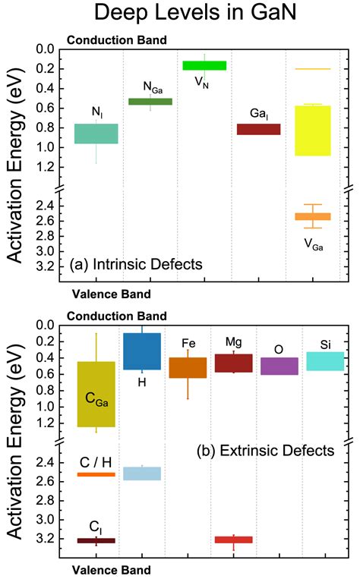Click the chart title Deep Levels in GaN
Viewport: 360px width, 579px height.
195,12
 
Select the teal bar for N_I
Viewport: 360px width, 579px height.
96,134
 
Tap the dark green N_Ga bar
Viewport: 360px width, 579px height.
150,102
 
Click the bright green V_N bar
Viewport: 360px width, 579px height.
204,65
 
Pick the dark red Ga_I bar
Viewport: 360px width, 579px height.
259,129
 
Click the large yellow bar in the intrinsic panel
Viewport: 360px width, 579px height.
313,131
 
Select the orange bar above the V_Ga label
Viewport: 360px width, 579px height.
313,216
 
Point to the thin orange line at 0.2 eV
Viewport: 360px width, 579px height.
313,69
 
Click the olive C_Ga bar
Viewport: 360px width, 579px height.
96,394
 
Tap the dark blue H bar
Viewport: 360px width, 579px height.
142,351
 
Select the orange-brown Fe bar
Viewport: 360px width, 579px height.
188,367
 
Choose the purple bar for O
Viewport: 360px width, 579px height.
279,366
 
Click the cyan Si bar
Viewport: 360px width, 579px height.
325,361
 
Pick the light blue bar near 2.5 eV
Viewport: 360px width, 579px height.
142,474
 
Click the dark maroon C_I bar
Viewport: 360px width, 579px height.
96,540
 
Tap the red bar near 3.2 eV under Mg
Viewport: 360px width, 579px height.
234,540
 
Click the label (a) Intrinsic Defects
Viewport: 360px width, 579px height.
136,264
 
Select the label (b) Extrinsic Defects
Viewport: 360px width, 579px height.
266,451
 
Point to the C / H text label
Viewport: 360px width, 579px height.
96,462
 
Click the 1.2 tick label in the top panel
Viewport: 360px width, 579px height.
45,167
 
